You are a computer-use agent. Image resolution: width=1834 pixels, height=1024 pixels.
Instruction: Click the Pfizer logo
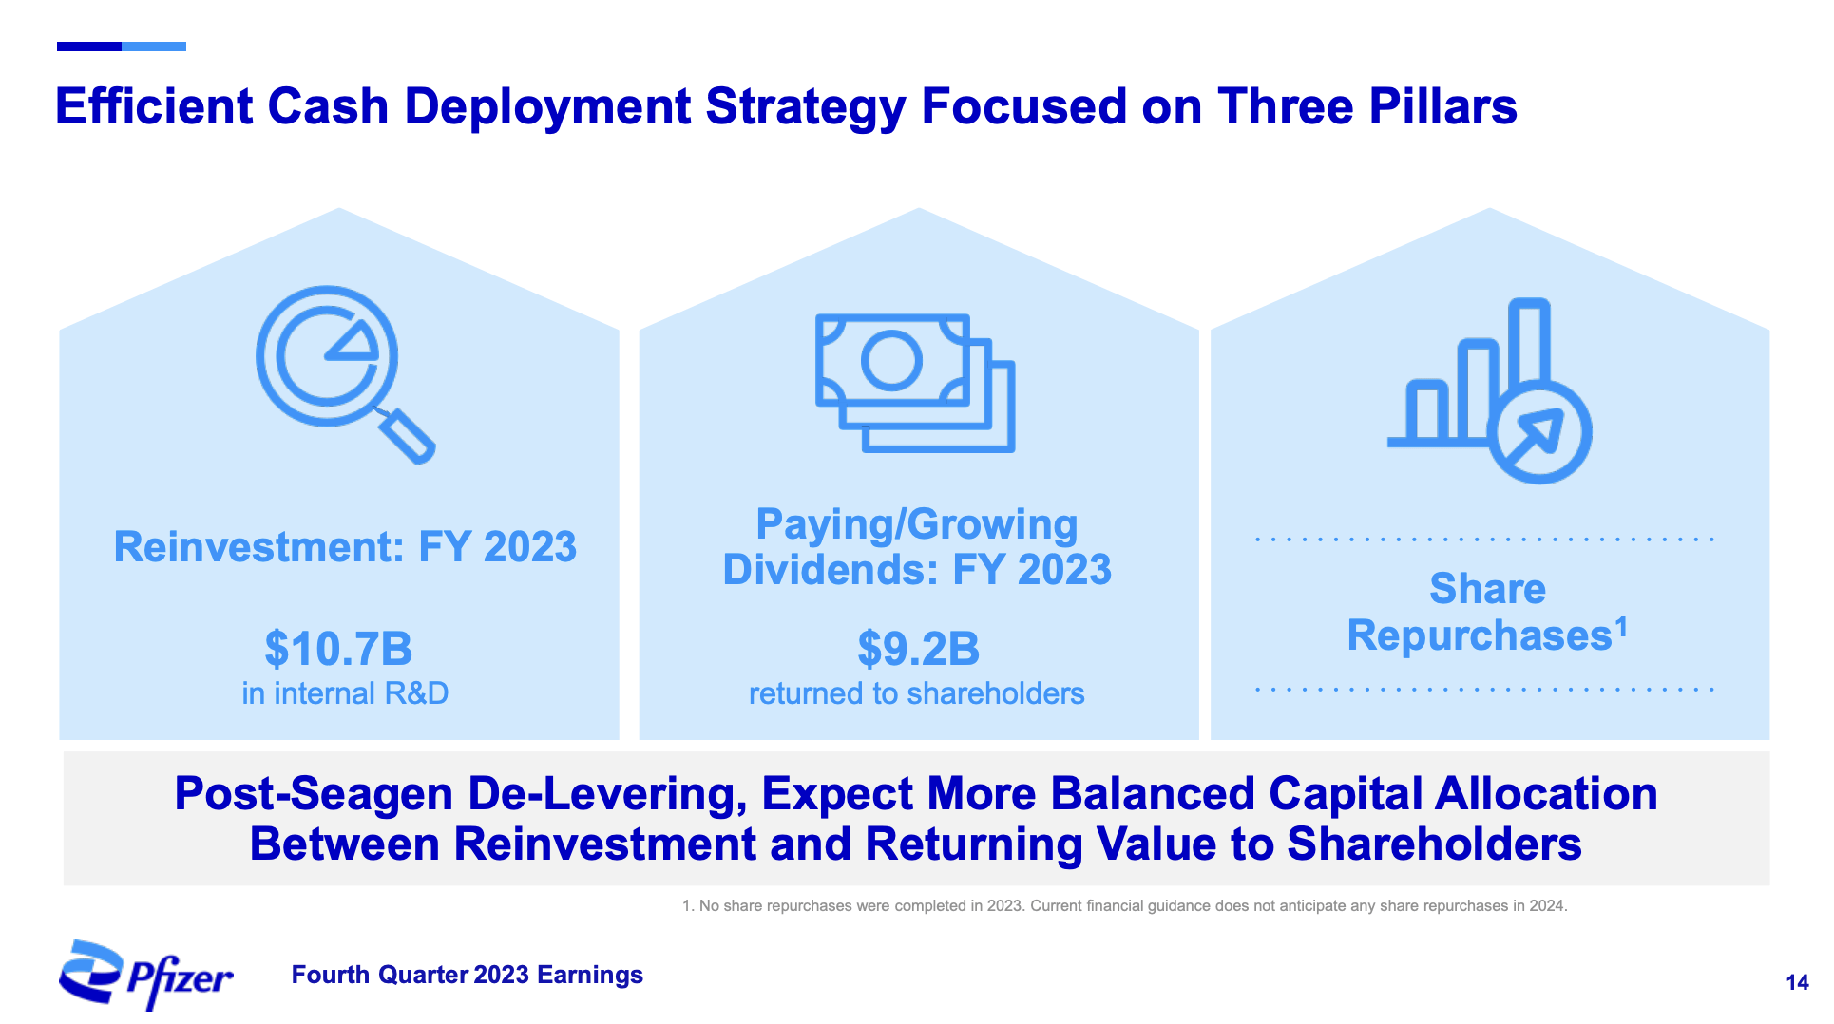(145, 975)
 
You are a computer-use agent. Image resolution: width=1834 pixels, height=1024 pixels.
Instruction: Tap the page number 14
(1796, 983)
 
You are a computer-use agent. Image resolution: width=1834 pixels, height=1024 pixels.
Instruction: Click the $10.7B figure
(338, 649)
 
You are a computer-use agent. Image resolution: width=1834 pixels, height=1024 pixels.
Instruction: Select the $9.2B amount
(918, 649)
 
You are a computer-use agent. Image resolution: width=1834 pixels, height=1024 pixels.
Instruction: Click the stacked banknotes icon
(914, 382)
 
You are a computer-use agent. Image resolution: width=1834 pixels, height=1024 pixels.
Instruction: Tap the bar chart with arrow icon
(1490, 391)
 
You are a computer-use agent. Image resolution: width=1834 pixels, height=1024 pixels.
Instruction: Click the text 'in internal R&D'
(345, 693)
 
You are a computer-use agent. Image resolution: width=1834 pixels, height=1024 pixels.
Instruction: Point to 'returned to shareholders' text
(916, 693)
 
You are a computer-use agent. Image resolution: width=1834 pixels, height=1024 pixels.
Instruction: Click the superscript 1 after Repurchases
(1621, 625)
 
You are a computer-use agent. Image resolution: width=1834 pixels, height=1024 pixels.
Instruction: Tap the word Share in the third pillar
(1487, 589)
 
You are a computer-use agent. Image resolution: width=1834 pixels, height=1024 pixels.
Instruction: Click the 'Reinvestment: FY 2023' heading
(345, 547)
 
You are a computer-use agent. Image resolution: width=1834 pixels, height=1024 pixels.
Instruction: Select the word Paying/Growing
(916, 524)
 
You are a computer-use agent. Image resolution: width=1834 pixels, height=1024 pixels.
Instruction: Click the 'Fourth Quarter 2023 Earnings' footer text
(467, 975)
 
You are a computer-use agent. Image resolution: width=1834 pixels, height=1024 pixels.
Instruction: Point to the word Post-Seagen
(314, 794)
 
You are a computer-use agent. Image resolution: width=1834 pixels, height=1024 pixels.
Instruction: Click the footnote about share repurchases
(1124, 905)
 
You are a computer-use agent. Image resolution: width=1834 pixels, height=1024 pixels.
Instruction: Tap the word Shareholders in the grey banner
(1434, 844)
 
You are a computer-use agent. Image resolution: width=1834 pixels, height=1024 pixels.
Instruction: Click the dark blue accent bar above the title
(89, 46)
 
